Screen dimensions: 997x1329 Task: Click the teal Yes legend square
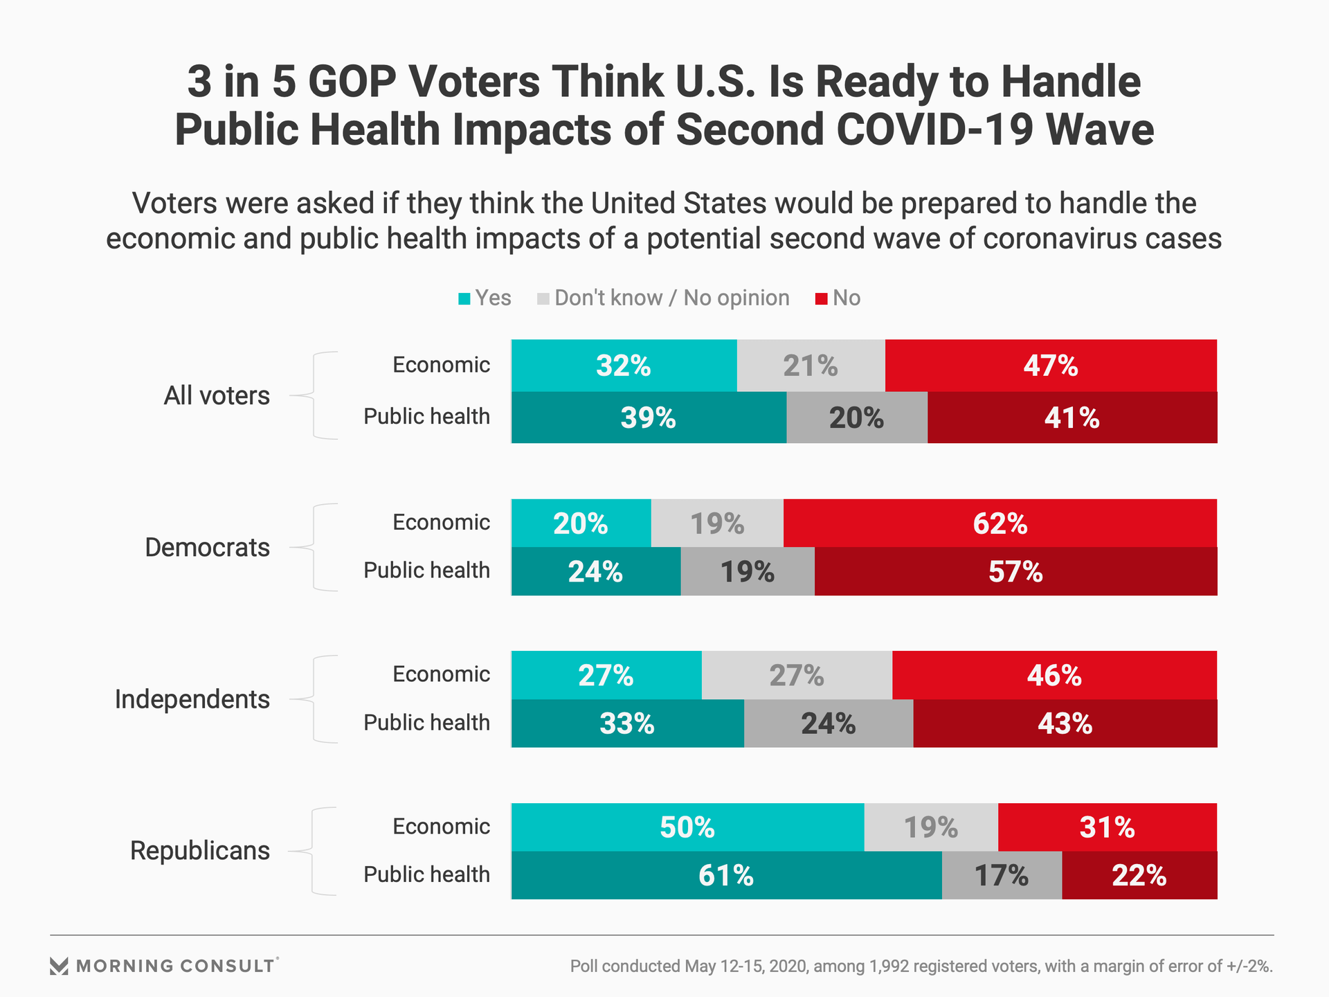coord(464,299)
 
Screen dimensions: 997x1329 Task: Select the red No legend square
coord(822,299)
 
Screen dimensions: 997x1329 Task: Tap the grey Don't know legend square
coord(543,299)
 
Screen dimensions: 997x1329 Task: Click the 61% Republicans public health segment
coord(726,876)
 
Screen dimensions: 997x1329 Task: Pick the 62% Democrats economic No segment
coord(1000,523)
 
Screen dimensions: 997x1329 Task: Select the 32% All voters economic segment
coord(624,366)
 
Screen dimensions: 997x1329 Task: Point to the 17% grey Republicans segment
coord(1001,876)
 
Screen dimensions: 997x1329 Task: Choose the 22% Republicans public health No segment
coord(1139,876)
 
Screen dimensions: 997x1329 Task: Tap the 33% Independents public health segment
coord(627,724)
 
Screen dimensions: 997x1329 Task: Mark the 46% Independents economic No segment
coord(1054,675)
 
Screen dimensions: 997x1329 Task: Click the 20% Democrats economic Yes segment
coord(581,523)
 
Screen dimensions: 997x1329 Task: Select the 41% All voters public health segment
coord(1072,417)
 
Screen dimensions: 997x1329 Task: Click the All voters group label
coord(217,395)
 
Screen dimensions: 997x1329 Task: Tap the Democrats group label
coord(207,548)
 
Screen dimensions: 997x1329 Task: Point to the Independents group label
coord(192,699)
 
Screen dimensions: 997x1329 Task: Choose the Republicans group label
coord(200,851)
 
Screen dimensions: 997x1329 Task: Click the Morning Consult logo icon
coord(60,967)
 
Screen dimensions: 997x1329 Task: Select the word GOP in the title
coord(352,82)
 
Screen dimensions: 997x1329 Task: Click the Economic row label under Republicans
coord(441,827)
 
